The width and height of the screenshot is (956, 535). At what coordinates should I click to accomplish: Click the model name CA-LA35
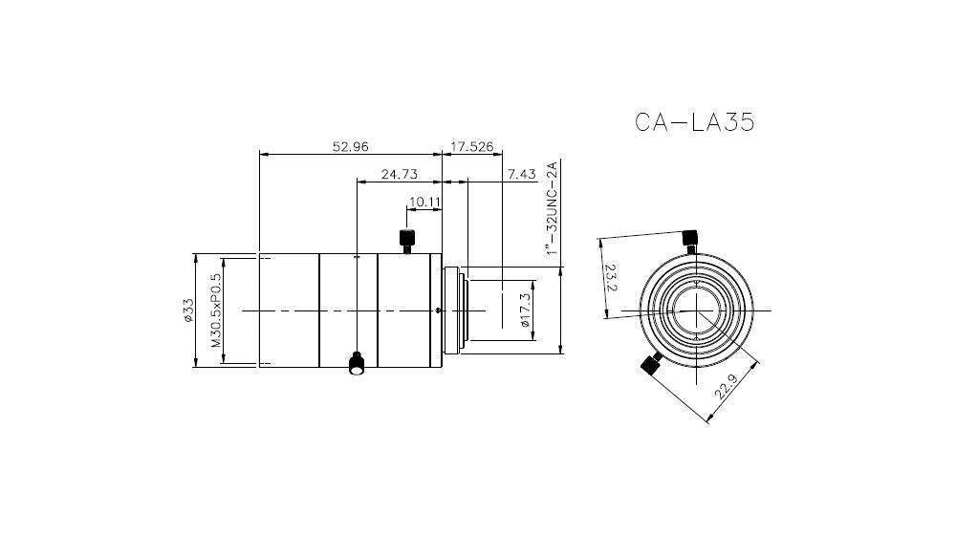pos(695,123)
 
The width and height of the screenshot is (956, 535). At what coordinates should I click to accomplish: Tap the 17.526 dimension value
pos(471,147)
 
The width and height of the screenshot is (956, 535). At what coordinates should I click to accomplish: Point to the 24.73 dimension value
pos(400,174)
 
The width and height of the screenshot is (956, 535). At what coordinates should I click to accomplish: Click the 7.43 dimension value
pos(522,174)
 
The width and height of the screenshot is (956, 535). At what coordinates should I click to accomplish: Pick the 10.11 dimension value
pos(424,202)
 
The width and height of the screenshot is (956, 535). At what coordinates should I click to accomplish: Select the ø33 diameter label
pos(189,310)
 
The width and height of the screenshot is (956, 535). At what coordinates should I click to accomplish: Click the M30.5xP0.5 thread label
pos(215,310)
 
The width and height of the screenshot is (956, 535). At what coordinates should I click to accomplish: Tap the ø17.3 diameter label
pos(524,310)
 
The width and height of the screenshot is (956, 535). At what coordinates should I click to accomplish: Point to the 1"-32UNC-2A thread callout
pos(550,208)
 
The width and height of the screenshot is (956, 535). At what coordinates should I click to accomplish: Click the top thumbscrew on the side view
pos(406,241)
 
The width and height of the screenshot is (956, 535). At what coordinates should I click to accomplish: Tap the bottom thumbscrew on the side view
pos(356,364)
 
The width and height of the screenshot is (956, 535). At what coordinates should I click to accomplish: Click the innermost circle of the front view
pos(699,310)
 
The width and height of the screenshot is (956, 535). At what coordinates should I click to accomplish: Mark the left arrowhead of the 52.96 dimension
pos(263,152)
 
